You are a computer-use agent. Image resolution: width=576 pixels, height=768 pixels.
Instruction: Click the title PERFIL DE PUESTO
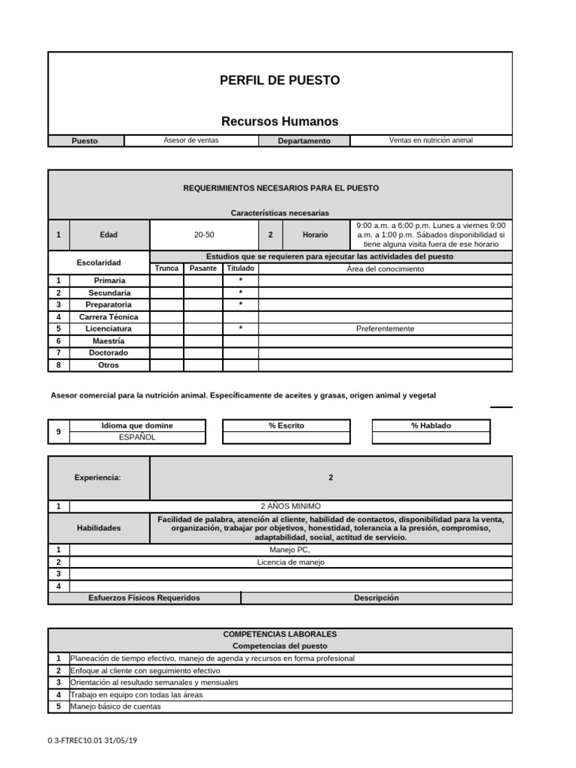click(280, 80)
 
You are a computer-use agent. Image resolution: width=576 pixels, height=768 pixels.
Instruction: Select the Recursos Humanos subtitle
click(280, 121)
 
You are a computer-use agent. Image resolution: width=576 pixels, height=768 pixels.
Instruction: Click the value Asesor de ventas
click(191, 140)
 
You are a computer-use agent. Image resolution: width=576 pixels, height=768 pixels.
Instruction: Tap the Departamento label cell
click(304, 141)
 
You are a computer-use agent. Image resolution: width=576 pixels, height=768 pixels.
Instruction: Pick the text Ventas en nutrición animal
click(431, 140)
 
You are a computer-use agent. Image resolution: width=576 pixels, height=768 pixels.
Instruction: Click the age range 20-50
click(204, 235)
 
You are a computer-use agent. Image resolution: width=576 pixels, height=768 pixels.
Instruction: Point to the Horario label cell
click(315, 235)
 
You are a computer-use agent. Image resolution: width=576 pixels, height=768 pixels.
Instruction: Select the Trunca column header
click(166, 268)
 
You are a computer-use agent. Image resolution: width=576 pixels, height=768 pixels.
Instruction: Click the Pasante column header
click(203, 268)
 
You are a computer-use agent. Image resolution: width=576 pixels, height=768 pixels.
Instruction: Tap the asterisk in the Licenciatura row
click(241, 329)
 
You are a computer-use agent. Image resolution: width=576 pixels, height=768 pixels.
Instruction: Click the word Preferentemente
click(385, 328)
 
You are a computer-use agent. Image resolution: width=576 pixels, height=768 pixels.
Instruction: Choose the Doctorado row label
click(109, 352)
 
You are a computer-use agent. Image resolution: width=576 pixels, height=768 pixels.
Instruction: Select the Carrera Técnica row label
click(109, 316)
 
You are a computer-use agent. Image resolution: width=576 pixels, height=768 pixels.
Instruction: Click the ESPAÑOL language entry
click(136, 437)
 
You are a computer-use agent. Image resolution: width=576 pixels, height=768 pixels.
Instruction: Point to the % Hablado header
click(431, 425)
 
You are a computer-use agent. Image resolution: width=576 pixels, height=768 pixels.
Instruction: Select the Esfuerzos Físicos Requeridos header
click(144, 598)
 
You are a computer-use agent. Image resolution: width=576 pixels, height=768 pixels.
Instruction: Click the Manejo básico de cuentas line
click(114, 706)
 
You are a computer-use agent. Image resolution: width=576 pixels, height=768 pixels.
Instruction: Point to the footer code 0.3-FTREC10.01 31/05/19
click(92, 741)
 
